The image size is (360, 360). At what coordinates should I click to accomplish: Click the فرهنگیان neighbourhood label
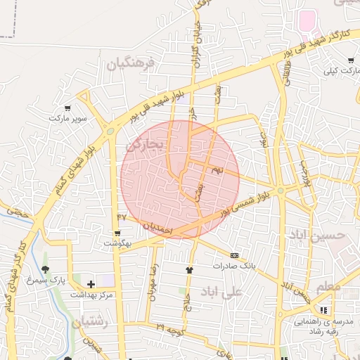pos(131,64)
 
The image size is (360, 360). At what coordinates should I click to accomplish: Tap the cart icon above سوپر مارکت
pos(67,108)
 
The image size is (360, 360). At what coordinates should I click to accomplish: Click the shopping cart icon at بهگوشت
pos(117,233)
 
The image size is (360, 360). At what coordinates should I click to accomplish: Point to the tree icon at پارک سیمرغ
pos(46,269)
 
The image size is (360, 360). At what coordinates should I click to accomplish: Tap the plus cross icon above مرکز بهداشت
pos(91,283)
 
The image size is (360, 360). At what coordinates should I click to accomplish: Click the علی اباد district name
pos(221,291)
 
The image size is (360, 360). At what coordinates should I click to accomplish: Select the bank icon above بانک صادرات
pos(234,255)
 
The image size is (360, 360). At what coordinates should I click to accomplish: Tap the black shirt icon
pos(188,269)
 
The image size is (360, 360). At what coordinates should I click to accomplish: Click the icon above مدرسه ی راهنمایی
pos(323,309)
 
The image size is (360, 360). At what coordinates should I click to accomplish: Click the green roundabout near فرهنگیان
pos(110,130)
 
